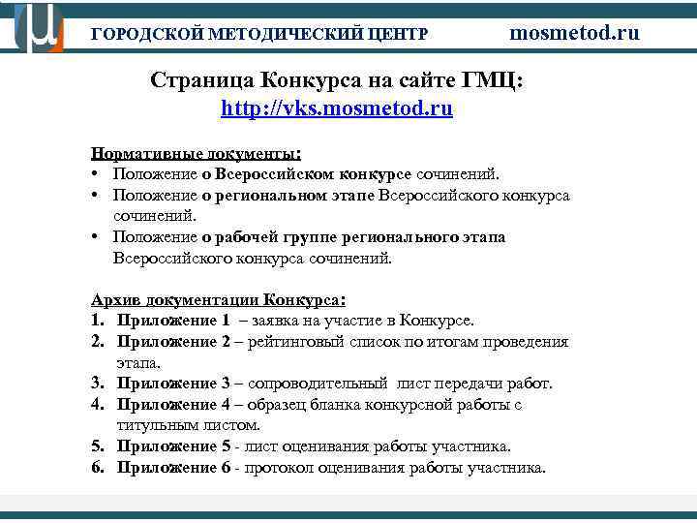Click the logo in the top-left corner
pyautogui.click(x=38, y=27)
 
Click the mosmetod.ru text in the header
pyautogui.click(x=574, y=32)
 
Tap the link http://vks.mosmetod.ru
pyautogui.click(x=336, y=108)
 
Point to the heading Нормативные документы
pyautogui.click(x=196, y=153)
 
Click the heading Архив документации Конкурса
pyautogui.click(x=218, y=298)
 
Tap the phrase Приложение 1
pyautogui.click(x=173, y=320)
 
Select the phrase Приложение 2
pyautogui.click(x=173, y=341)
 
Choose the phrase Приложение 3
pyautogui.click(x=173, y=384)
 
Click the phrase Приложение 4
pyautogui.click(x=173, y=405)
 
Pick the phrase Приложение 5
pyautogui.click(x=173, y=446)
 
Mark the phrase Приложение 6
pyautogui.click(x=173, y=468)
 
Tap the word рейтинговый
pyautogui.click(x=298, y=341)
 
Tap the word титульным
pyautogui.click(x=155, y=425)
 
